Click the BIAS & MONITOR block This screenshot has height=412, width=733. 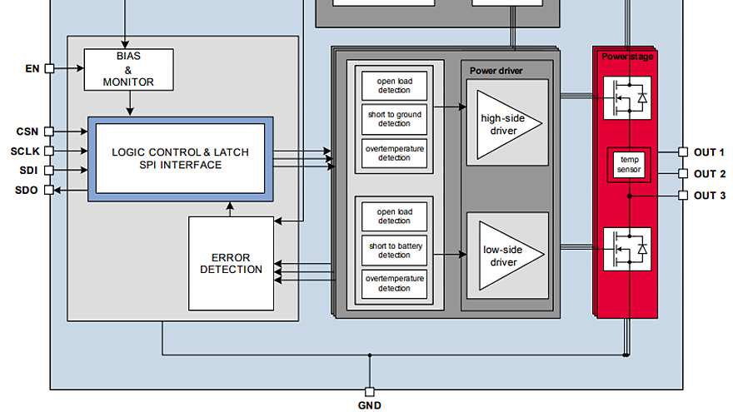pos(128,70)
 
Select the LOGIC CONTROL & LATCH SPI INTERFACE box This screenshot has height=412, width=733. pos(181,159)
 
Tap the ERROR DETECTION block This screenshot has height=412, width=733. pos(231,264)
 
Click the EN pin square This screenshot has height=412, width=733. pos(49,68)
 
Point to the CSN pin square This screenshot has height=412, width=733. pos(49,132)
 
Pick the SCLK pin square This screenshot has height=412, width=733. pos(49,151)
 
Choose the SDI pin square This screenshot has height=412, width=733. pos(49,171)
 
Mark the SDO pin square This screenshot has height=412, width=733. pos(49,190)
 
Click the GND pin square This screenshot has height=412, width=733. pos(370,392)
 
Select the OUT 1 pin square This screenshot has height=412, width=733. pos(683,152)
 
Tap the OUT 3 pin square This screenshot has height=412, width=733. pos(683,196)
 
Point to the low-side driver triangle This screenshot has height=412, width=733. pos(511,256)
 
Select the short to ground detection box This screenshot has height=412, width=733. pos(394,119)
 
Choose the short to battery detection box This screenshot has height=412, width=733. pos(394,251)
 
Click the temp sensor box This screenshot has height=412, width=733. pos(629,165)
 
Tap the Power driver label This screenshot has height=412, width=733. pos(496,71)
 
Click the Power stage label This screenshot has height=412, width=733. pos(627,57)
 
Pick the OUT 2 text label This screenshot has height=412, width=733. pos(710,174)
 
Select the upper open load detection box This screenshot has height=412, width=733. pos(394,86)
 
